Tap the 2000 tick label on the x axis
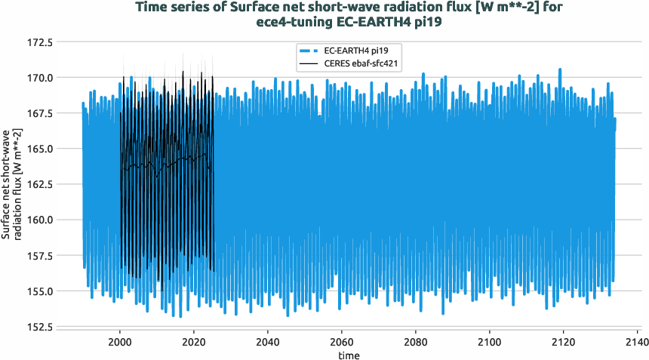click(120, 341)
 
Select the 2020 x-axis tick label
click(194, 341)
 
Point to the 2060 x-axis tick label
click(342, 341)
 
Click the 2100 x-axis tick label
click(490, 341)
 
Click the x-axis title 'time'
click(349, 355)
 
